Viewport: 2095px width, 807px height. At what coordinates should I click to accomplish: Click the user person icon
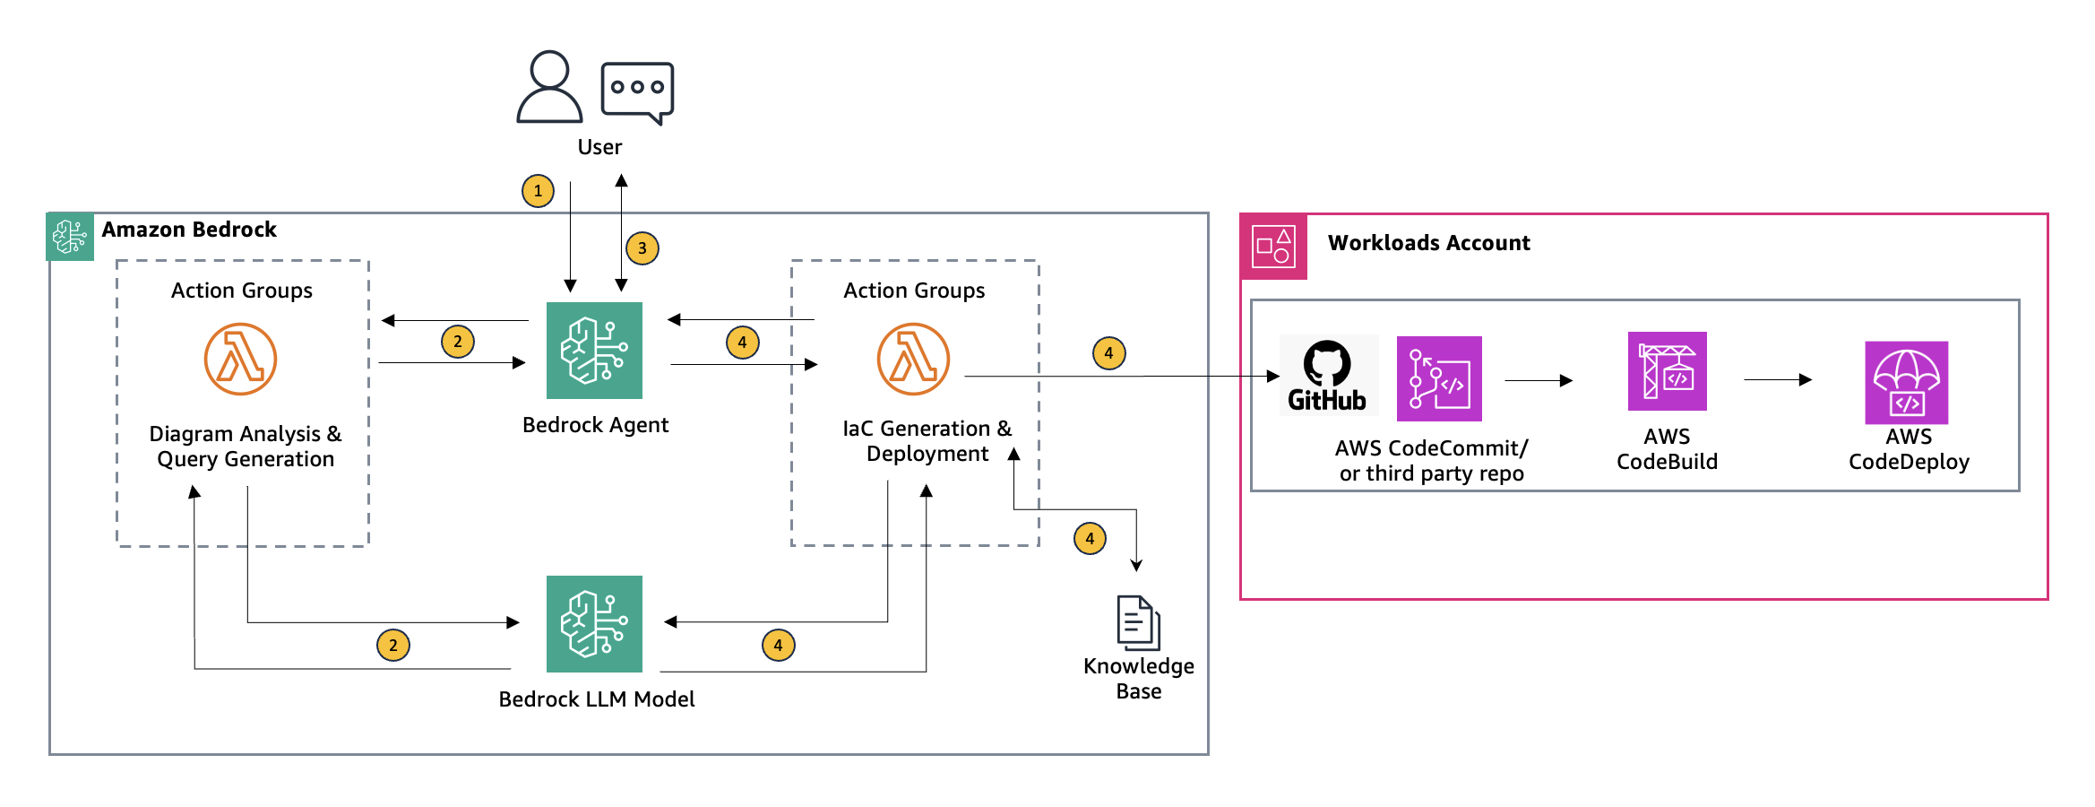click(549, 87)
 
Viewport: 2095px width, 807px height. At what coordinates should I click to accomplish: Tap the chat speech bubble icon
click(637, 91)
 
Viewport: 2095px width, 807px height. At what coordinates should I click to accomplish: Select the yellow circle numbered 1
click(538, 191)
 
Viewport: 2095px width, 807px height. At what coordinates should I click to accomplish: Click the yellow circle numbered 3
click(642, 248)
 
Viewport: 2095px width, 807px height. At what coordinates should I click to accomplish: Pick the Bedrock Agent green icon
click(594, 351)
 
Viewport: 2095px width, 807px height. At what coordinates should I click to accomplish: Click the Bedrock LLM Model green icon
click(594, 624)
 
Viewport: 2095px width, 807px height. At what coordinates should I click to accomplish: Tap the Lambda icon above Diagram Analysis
click(240, 360)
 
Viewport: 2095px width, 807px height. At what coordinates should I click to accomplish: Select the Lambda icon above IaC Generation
click(913, 360)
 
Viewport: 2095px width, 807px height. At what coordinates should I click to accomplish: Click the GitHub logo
click(1327, 376)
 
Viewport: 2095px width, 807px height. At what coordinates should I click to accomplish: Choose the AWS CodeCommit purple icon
click(1439, 378)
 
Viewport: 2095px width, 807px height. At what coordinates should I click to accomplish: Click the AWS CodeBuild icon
click(1667, 371)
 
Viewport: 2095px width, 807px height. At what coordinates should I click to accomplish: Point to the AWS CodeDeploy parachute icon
click(1906, 383)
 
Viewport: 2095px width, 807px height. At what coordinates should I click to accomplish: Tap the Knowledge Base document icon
click(1138, 622)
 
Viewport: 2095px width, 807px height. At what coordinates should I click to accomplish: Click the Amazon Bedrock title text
click(189, 230)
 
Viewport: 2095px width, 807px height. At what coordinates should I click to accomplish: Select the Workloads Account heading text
click(1428, 243)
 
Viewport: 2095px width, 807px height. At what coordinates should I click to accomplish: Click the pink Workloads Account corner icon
click(1273, 247)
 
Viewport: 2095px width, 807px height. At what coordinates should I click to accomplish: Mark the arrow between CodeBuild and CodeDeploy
click(1778, 380)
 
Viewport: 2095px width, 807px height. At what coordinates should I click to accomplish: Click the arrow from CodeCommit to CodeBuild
click(1539, 381)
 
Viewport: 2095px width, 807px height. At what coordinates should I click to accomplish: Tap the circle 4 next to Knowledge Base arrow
click(1090, 539)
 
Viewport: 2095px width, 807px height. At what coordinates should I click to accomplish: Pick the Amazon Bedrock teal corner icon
click(70, 237)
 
